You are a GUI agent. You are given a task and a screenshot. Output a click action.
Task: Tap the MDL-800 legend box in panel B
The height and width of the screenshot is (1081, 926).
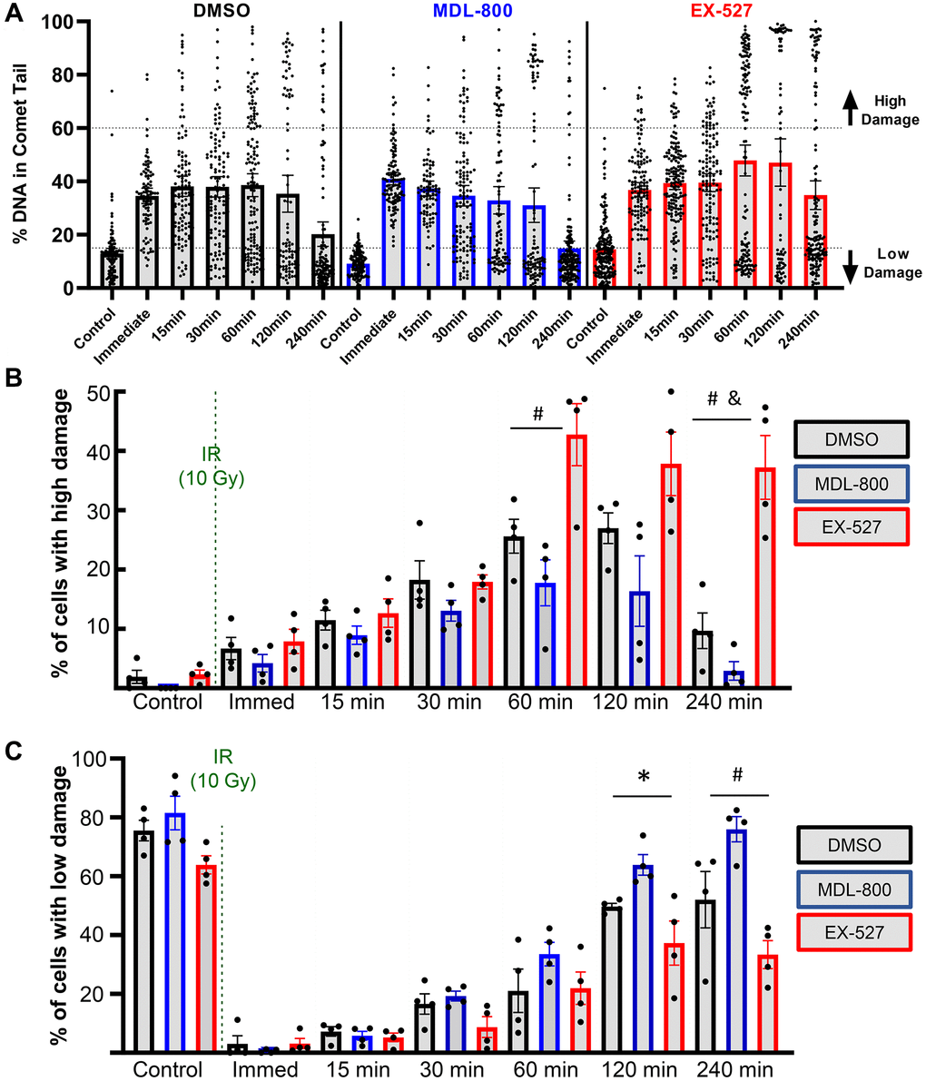point(851,483)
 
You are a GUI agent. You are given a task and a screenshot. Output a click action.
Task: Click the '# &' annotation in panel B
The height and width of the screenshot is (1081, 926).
point(723,400)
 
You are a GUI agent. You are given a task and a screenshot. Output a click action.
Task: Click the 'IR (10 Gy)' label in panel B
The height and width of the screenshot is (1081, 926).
point(212,466)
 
